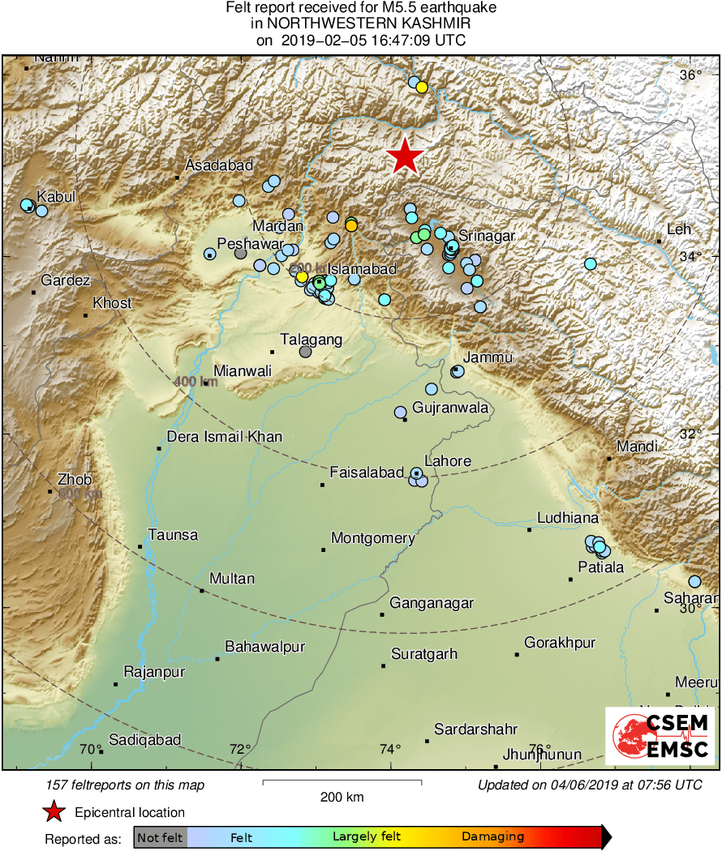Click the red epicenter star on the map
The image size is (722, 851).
pos(405,156)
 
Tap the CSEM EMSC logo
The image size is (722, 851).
pos(660,736)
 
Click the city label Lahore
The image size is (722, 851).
pos(448,461)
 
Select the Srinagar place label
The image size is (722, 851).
pos(488,236)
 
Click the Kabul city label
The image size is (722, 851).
pos(56,196)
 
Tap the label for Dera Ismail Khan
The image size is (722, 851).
pos(224,437)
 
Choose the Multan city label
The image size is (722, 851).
pos(231,579)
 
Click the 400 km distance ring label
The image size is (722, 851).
pos(196,382)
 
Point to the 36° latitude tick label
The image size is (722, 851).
pos(690,75)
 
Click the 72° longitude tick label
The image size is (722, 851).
pos(240,750)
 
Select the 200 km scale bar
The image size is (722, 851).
pos(342,782)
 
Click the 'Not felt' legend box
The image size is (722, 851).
pos(160,837)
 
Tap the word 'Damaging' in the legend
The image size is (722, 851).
pos(492,837)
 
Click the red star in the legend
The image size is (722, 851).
pos(54,812)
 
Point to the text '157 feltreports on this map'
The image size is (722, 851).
pos(126,785)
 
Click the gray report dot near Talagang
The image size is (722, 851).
pos(305,352)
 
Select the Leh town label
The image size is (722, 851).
pos(677,229)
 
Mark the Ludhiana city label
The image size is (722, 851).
pos(568,519)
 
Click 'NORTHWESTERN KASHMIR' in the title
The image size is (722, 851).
pos(361,24)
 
